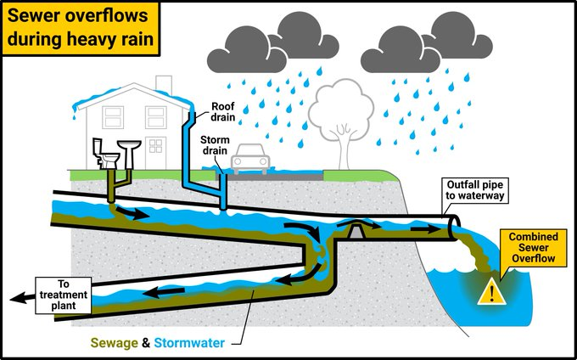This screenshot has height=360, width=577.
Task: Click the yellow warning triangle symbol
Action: [x=490, y=292]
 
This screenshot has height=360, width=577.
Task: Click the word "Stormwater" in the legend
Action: [x=188, y=343]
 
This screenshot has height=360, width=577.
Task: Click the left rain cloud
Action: [x=260, y=47]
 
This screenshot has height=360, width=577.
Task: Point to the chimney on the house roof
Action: [x=164, y=84]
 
